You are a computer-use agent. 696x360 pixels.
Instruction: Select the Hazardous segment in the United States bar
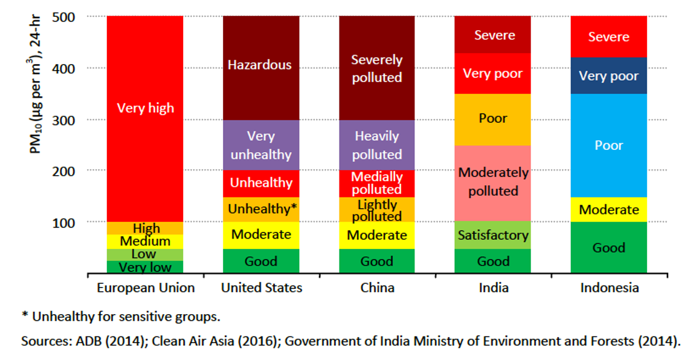click(261, 66)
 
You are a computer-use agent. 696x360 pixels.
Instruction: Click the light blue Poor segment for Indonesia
click(609, 145)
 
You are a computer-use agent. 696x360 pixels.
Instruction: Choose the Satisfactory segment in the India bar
click(493, 235)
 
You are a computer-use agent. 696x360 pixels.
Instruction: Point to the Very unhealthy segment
click(261, 145)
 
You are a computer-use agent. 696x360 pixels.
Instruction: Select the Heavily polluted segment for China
click(377, 145)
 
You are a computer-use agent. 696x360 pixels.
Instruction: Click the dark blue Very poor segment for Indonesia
click(609, 76)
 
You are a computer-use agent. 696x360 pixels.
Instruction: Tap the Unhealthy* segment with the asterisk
click(261, 209)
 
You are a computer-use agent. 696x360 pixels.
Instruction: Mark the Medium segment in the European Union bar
click(145, 242)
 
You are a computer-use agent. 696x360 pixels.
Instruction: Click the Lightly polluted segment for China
click(377, 210)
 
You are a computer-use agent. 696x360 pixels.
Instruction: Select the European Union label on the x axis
click(146, 288)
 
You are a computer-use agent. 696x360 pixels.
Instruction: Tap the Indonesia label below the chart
click(609, 288)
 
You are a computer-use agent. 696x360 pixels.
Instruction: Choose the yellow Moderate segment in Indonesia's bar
click(609, 210)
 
